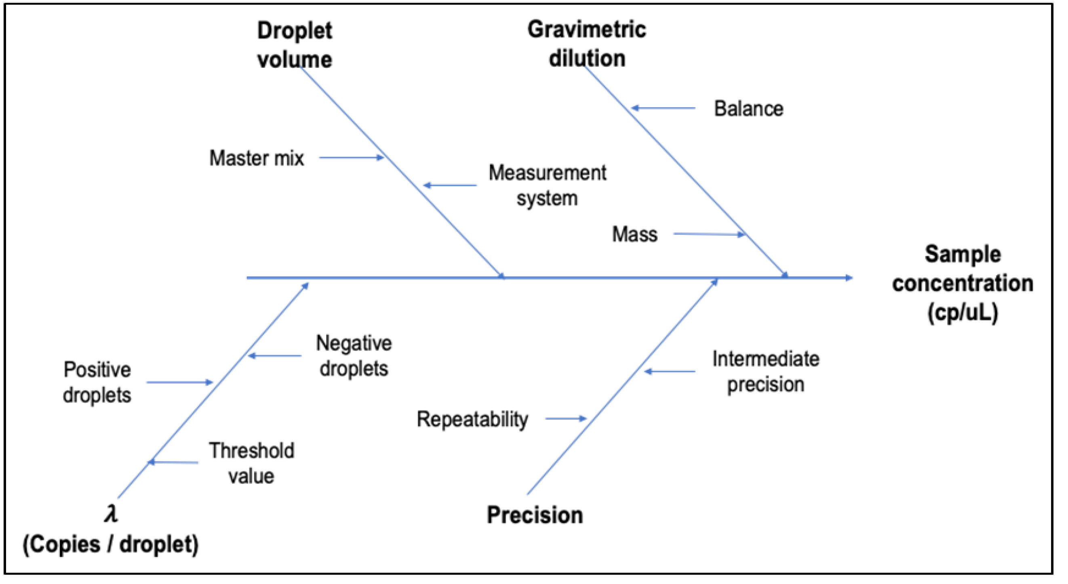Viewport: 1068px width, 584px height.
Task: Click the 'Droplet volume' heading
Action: point(294,45)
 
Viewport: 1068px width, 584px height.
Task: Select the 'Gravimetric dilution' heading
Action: point(587,44)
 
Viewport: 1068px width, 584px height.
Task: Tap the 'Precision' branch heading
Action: point(535,515)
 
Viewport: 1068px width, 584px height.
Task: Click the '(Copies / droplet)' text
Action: point(111,544)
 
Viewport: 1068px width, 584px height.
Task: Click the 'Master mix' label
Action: point(257,158)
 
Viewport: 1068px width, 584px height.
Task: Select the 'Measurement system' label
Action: point(547,185)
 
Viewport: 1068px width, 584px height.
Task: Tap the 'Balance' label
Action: point(749,109)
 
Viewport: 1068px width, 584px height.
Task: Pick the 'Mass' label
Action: point(635,234)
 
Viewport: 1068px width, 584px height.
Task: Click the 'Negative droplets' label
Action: point(354,356)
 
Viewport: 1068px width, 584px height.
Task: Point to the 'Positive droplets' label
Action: point(97,382)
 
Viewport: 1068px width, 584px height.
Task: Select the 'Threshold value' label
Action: point(251,463)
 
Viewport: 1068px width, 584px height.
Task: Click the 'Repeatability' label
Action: point(473,419)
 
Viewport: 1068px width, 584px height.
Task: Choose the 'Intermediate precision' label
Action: point(766,372)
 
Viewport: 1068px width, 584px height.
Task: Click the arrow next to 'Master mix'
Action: point(351,158)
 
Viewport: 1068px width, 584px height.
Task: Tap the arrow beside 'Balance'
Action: point(664,108)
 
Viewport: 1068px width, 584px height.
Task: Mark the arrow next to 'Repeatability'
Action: point(566,419)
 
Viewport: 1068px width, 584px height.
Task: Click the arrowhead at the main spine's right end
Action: point(848,278)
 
